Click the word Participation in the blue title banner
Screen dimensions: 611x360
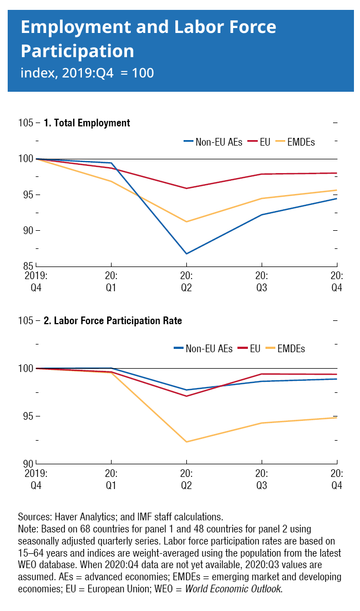(x=77, y=51)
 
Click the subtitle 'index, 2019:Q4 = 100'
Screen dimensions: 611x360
(x=87, y=73)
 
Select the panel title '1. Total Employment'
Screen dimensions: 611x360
(x=87, y=123)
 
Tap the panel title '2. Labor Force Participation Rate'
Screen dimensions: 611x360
(x=113, y=321)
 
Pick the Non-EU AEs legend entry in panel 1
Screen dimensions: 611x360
(x=212, y=142)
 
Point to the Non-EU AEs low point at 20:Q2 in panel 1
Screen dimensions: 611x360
(x=187, y=254)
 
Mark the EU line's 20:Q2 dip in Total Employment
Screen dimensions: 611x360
(x=187, y=188)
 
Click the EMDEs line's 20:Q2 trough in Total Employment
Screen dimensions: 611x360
(x=187, y=222)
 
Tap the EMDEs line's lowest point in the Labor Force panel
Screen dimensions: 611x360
(x=187, y=442)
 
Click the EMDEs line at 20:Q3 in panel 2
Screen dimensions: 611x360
(x=262, y=423)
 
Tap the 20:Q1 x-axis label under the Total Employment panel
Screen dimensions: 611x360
(x=112, y=280)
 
